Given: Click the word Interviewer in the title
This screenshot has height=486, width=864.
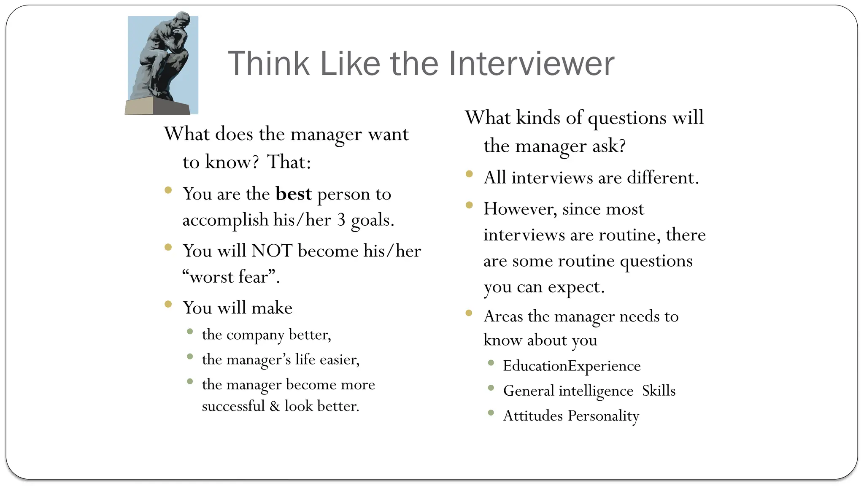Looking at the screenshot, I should [x=531, y=64].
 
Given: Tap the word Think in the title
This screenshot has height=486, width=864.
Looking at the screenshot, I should [x=269, y=64].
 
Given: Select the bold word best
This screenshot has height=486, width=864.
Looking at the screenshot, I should [x=294, y=194].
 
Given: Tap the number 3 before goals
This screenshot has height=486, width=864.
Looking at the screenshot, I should [x=341, y=220].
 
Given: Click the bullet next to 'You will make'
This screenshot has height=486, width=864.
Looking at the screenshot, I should [x=168, y=304].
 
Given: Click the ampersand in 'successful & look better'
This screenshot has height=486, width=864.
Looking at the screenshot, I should [x=275, y=406].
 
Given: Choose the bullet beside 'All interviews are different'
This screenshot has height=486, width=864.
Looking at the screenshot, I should [x=469, y=174].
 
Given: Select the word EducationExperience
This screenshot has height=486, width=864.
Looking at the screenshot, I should [x=572, y=366].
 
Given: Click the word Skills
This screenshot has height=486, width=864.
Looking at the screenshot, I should [x=659, y=391].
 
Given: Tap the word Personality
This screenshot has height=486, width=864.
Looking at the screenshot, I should [x=603, y=416].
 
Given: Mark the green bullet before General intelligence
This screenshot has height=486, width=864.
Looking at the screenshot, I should [x=491, y=388].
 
